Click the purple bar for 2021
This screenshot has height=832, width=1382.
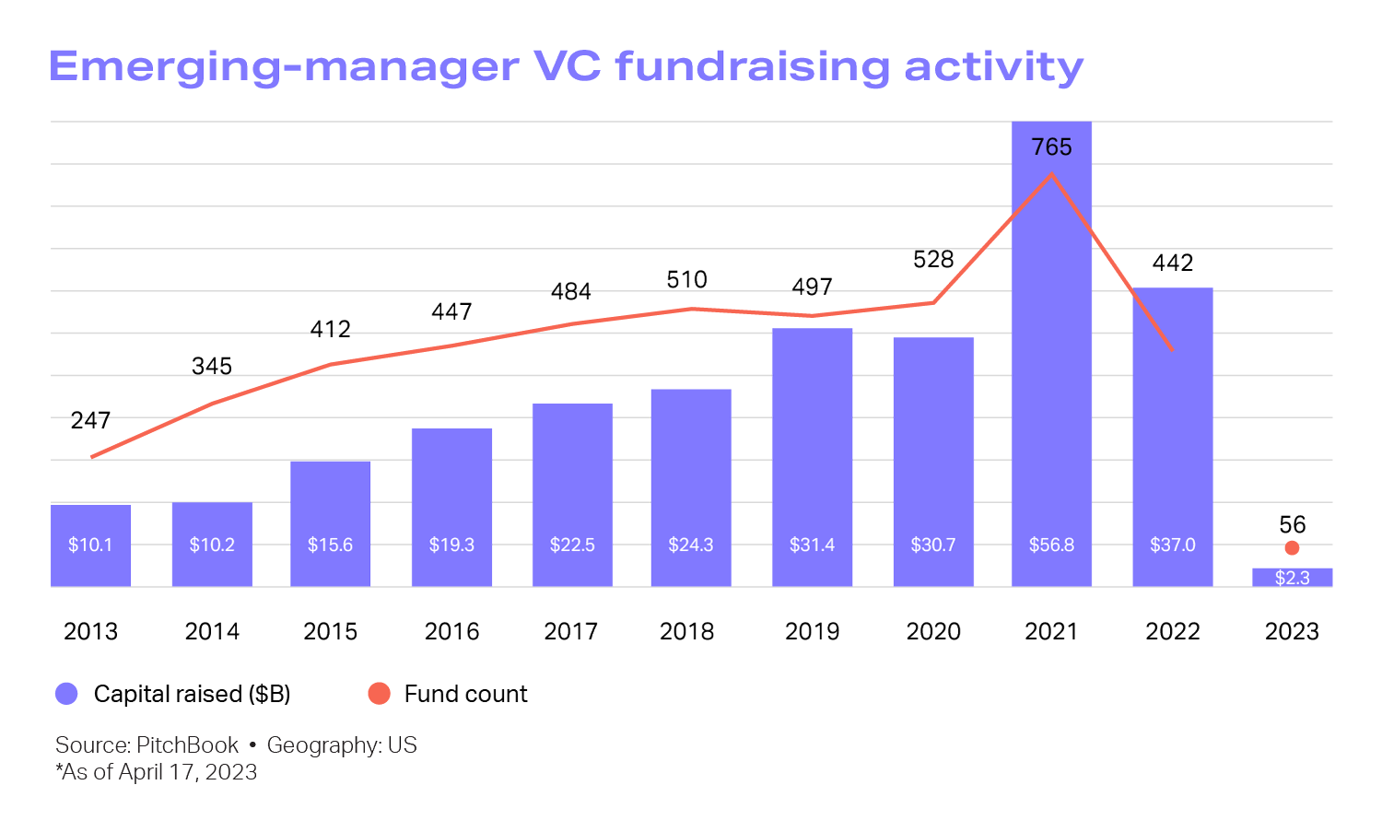click(1051, 369)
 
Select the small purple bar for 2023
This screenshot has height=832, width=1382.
click(1292, 578)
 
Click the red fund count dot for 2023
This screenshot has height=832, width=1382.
click(1292, 548)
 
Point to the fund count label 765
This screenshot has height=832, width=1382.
click(1051, 147)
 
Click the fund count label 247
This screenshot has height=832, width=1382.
click(90, 421)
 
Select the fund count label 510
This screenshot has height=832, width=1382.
click(686, 280)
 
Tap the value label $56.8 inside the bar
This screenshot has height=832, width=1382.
click(1051, 545)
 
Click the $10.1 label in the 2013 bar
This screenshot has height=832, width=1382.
click(90, 545)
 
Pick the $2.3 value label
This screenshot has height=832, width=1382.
click(1292, 579)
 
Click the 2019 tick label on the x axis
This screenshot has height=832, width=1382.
click(812, 632)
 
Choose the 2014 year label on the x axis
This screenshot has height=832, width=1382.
click(212, 632)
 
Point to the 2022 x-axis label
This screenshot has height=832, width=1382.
click(1172, 632)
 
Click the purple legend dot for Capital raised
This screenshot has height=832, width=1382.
click(66, 694)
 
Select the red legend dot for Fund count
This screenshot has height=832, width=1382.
click(379, 694)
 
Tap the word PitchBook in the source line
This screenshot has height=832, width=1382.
click(187, 745)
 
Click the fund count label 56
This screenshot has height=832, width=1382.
click(1292, 525)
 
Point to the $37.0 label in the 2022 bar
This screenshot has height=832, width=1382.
click(1172, 545)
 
